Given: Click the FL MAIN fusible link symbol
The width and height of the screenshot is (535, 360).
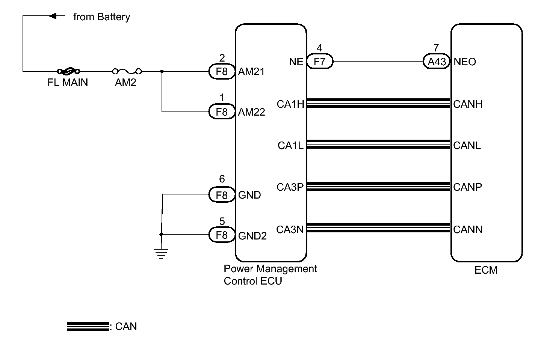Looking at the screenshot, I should [68, 71].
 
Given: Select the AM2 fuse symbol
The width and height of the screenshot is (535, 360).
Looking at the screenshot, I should [127, 71].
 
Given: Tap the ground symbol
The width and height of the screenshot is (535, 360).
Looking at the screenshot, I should [161, 254].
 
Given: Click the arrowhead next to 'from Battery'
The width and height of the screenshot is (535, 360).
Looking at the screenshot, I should [53, 16].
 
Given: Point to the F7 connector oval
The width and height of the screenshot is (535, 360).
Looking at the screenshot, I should [319, 62].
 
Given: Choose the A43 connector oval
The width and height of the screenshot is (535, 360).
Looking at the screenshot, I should [437, 62].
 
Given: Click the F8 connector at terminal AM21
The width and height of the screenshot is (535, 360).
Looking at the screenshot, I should [222, 71].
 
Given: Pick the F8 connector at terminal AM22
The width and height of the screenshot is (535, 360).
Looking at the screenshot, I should [222, 112].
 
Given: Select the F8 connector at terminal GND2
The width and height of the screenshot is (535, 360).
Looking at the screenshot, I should [222, 235].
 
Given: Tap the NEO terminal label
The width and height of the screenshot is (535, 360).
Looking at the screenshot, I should [465, 62].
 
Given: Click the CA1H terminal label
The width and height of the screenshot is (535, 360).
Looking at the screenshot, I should [290, 104].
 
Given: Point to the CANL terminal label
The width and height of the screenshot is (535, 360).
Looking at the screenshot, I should [467, 146].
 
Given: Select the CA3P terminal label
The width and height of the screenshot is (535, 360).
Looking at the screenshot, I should [290, 187].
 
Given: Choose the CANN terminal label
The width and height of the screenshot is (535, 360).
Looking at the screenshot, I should [468, 229].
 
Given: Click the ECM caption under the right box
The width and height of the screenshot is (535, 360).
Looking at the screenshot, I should [486, 270].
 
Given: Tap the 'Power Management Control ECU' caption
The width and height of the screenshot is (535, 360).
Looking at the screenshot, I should [270, 275].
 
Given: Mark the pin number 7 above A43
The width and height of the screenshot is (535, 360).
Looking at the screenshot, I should [436, 48].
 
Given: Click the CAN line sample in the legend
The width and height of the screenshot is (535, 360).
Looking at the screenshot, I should [88, 327].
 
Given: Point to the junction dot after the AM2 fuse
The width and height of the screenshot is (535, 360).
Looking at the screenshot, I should [162, 71].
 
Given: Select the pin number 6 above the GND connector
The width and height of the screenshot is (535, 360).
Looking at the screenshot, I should [222, 179].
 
